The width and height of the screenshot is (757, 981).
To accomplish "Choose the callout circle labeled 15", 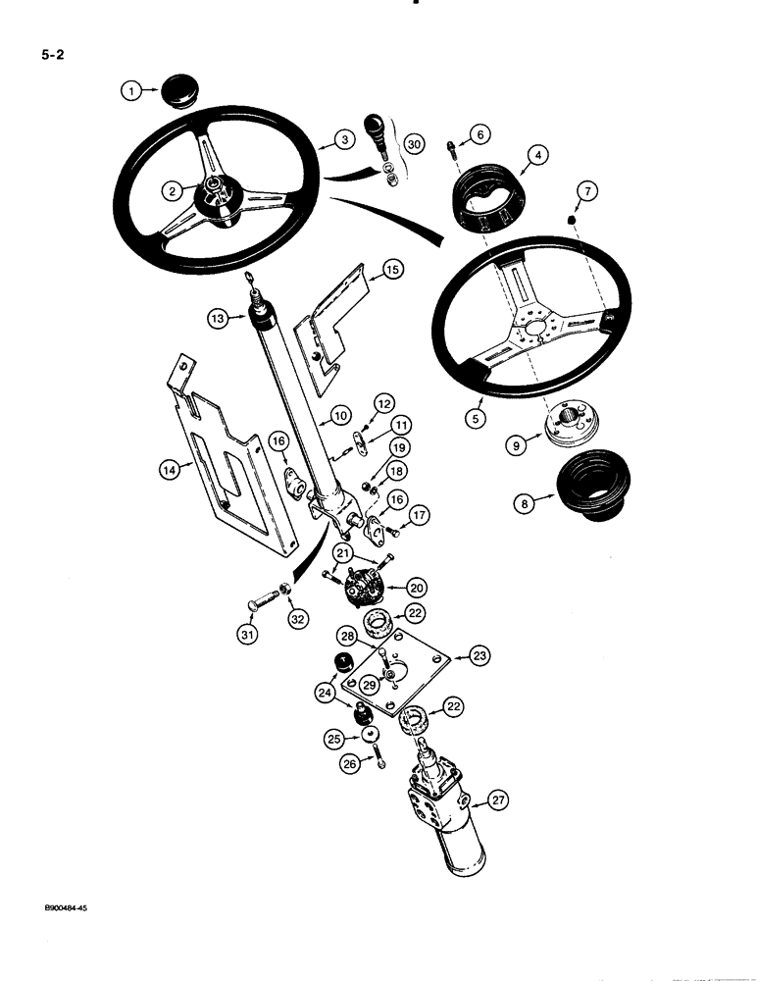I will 390,268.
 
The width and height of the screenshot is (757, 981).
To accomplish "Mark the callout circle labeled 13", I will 218,317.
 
